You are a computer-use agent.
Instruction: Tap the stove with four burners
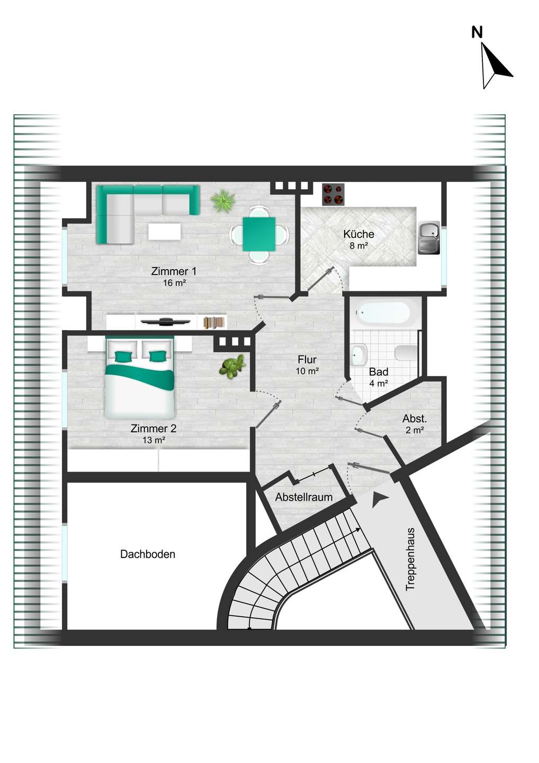[333, 194]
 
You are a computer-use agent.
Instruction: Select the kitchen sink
[429, 238]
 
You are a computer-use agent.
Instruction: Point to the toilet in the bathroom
[406, 352]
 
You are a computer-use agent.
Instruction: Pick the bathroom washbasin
[358, 354]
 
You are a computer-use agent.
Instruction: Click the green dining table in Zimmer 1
[259, 234]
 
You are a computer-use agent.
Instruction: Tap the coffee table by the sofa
[164, 232]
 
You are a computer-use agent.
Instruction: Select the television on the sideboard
[165, 321]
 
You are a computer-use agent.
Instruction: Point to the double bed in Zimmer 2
[139, 377]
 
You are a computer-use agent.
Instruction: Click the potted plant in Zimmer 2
[232, 367]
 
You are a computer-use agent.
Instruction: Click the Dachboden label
[148, 554]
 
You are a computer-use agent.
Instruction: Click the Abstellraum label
[304, 497]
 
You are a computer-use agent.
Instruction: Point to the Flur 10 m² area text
[307, 365]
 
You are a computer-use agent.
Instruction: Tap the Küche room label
[358, 234]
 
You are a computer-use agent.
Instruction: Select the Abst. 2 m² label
[415, 424]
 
